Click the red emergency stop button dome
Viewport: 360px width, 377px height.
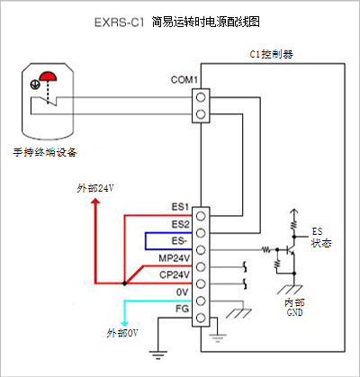(x=49, y=76)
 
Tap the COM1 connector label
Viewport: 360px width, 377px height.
(x=184, y=80)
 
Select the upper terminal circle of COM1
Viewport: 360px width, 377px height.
(x=201, y=97)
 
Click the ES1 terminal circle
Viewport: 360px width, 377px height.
(x=201, y=216)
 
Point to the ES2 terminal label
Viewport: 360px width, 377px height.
(x=181, y=224)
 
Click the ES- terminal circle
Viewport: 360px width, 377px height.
(x=201, y=250)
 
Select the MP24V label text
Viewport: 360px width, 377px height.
(x=175, y=258)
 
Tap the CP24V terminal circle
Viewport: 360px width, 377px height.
(x=201, y=283)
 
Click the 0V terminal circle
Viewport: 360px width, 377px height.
(x=201, y=301)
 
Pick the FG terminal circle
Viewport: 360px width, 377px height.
(x=201, y=318)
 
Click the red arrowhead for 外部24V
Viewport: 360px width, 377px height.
(x=95, y=201)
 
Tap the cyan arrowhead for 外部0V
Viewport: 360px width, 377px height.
(x=124, y=323)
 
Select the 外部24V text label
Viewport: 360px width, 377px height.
(x=95, y=188)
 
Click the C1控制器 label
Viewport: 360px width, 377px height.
(x=272, y=54)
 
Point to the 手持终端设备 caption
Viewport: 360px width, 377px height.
(x=45, y=152)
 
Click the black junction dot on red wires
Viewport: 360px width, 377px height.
(x=124, y=283)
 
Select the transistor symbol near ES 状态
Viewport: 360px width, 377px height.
(x=290, y=249)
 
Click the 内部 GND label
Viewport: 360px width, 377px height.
(x=294, y=307)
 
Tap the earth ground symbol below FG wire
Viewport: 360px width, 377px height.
(x=158, y=355)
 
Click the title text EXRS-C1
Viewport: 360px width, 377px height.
(x=119, y=22)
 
